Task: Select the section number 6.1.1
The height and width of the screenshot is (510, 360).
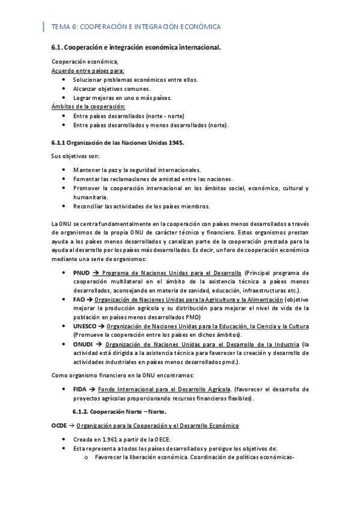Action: pyautogui.click(x=58, y=143)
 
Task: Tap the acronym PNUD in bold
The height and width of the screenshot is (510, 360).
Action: pyautogui.click(x=81, y=273)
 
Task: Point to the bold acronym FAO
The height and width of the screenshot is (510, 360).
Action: pyautogui.click(x=79, y=300)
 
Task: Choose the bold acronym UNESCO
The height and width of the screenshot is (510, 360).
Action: pyautogui.click(x=84, y=326)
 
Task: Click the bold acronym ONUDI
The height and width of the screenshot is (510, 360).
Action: pyautogui.click(x=82, y=344)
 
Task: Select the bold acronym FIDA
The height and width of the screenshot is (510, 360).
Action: pyautogui.click(x=79, y=389)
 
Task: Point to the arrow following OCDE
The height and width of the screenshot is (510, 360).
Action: pyautogui.click(x=72, y=425)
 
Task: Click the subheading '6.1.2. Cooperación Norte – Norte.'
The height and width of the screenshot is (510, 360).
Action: pyautogui.click(x=119, y=411)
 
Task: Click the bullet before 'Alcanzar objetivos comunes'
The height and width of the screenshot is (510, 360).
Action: pyautogui.click(x=64, y=88)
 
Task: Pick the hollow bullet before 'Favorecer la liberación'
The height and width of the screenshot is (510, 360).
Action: pyautogui.click(x=87, y=456)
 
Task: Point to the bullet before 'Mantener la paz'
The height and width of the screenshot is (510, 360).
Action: pyautogui.click(x=64, y=170)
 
